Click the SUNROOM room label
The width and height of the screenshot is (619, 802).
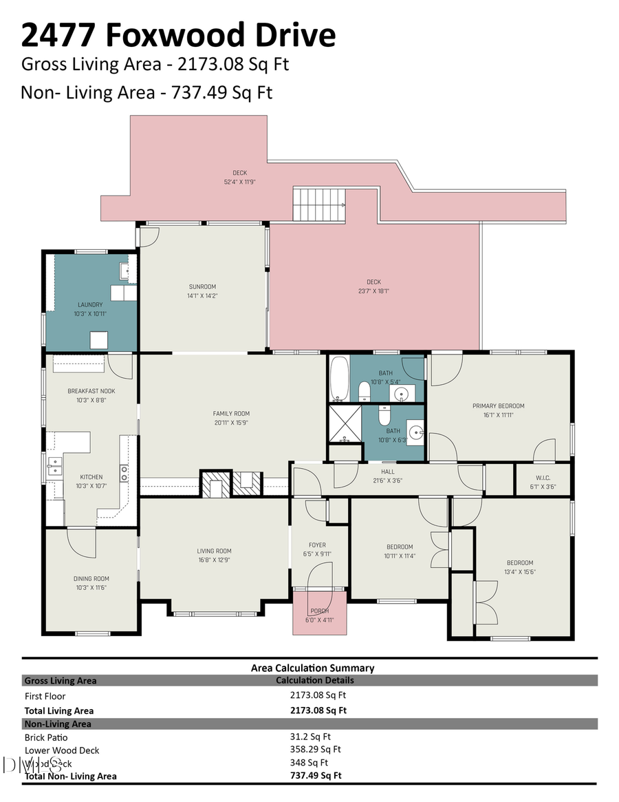(x=202, y=286)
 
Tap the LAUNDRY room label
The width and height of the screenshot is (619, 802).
(x=90, y=304)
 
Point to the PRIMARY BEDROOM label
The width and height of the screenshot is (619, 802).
(x=498, y=405)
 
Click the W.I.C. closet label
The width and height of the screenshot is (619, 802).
(x=543, y=478)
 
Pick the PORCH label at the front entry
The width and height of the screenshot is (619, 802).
(x=319, y=611)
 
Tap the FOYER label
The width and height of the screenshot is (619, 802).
(x=317, y=545)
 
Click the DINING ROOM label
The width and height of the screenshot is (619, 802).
(x=91, y=578)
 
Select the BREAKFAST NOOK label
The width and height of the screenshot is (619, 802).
(x=91, y=390)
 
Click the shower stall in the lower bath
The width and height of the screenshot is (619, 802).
(x=345, y=423)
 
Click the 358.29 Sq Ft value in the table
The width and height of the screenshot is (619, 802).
(x=316, y=749)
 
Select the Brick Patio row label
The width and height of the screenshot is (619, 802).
(x=46, y=737)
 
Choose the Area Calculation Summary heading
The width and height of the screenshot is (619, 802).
(x=312, y=667)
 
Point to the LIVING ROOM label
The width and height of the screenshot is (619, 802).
(x=214, y=551)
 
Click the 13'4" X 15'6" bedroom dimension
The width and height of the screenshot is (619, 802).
(x=520, y=571)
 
